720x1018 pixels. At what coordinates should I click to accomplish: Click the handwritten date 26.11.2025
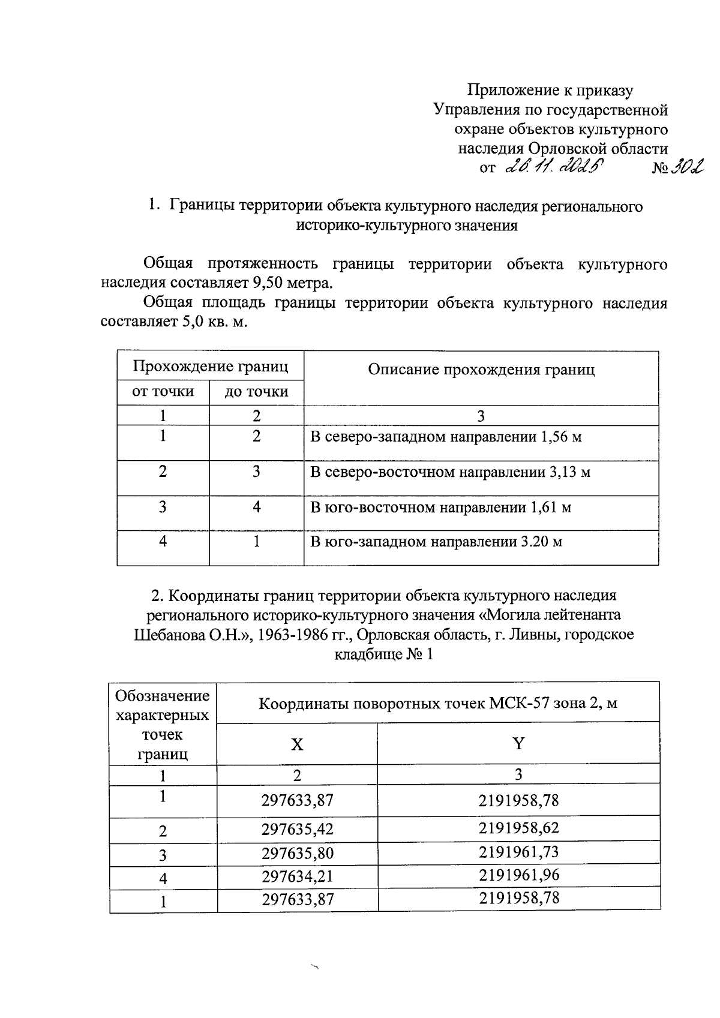pos(554,168)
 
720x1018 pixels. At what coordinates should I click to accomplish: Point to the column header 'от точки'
pos(163,392)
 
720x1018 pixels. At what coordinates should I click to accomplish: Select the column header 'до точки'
pos(256,392)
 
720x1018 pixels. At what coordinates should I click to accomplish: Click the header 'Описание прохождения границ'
pos(481,370)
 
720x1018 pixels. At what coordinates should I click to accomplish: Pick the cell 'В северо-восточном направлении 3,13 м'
pos(450,472)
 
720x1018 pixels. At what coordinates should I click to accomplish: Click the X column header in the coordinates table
pos(297,744)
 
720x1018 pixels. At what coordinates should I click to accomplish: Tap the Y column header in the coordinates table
pos(518,744)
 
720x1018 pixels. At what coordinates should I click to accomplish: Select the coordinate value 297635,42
pos(297,830)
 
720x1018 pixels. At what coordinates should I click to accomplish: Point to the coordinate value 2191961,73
pos(519,852)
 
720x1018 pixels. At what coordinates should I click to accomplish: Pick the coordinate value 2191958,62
pos(519,828)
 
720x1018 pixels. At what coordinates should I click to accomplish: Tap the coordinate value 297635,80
pos(297,854)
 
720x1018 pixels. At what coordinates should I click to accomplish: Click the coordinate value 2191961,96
pos(519,875)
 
